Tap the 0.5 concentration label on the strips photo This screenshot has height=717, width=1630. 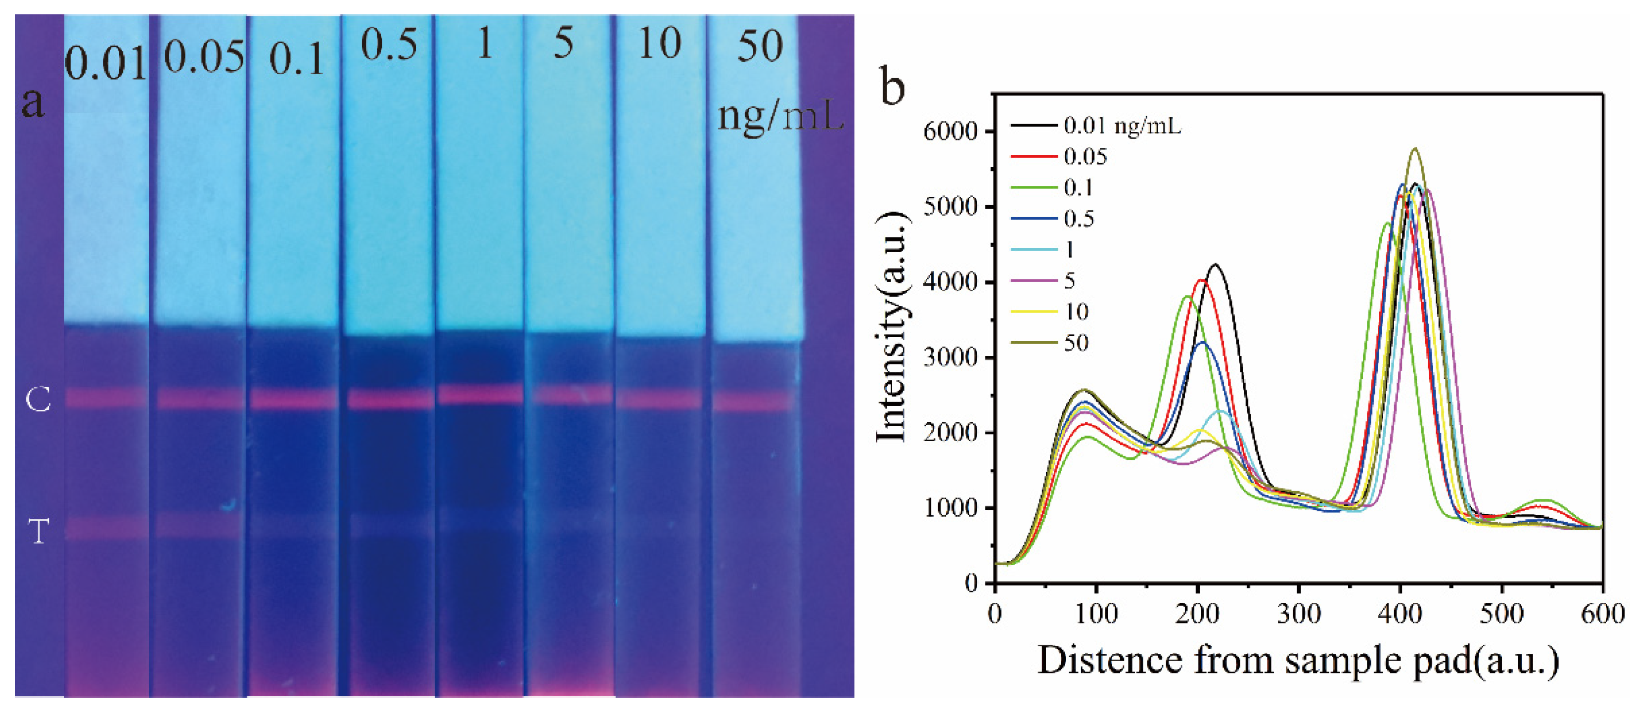389,45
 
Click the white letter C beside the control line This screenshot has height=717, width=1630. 38,400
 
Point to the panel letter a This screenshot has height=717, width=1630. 33,102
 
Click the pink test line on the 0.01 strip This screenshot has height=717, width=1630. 106,527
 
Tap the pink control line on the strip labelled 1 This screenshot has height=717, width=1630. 480,394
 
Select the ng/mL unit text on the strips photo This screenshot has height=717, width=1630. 780,116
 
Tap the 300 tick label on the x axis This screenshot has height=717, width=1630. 1299,613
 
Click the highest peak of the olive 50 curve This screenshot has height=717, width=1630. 1415,149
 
